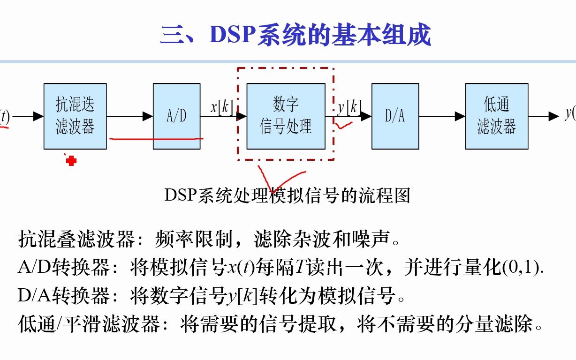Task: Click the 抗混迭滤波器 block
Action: coord(75,116)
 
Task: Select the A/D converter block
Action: coord(177,116)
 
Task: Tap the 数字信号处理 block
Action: coord(286,116)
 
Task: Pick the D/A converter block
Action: coord(395,116)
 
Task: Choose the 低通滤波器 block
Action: coord(496,116)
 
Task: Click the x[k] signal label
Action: coord(221,107)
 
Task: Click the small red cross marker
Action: coord(71,161)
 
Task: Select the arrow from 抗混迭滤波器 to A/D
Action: coord(130,116)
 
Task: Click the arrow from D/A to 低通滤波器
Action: coord(442,116)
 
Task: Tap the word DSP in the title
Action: coord(233,35)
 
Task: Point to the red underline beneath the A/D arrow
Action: coord(156,139)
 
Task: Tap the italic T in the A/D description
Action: coord(300,268)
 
